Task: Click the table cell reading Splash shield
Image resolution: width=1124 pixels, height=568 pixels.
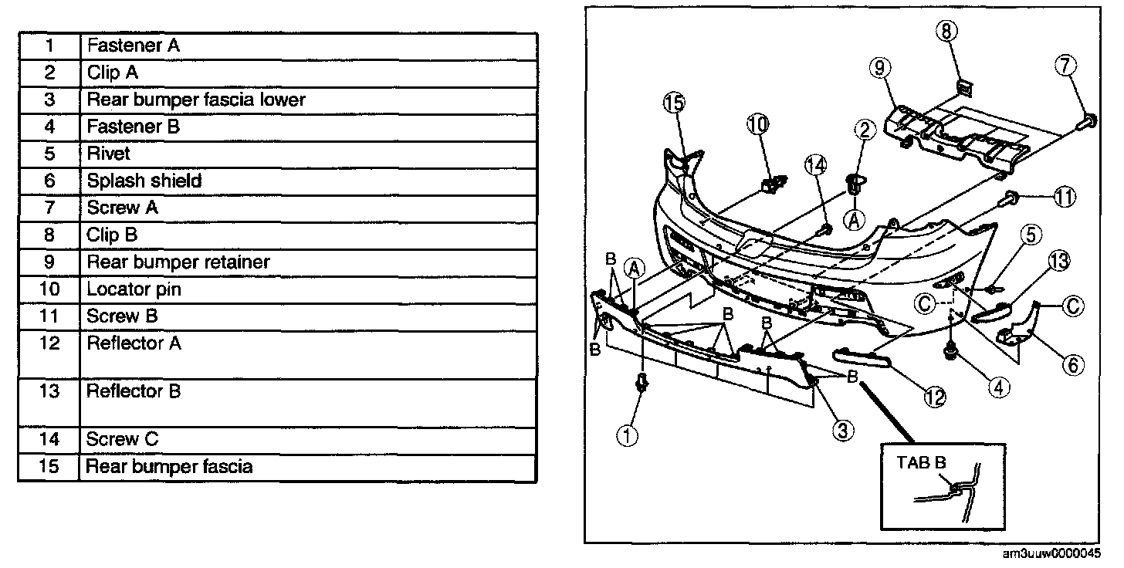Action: (144, 181)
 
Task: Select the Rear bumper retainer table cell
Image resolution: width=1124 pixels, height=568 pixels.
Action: (178, 262)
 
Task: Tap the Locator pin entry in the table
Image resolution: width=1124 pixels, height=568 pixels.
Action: (134, 289)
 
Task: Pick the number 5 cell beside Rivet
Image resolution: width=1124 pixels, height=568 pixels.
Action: (49, 154)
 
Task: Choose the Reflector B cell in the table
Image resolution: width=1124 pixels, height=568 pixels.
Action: (134, 390)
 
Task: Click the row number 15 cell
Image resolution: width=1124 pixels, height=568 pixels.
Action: (49, 466)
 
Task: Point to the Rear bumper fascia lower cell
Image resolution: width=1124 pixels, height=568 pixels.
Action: (196, 100)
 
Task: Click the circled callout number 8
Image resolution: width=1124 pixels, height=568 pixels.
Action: (947, 31)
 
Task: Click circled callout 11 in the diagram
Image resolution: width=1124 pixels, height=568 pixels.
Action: (1065, 198)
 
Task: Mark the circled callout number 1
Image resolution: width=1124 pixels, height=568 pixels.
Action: (628, 436)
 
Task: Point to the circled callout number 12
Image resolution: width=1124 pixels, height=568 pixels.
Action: (935, 396)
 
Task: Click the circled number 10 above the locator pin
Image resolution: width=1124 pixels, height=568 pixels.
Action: (757, 123)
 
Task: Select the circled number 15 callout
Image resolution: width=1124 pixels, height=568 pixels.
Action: (673, 102)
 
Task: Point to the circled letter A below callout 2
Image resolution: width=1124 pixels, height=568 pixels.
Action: (855, 220)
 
